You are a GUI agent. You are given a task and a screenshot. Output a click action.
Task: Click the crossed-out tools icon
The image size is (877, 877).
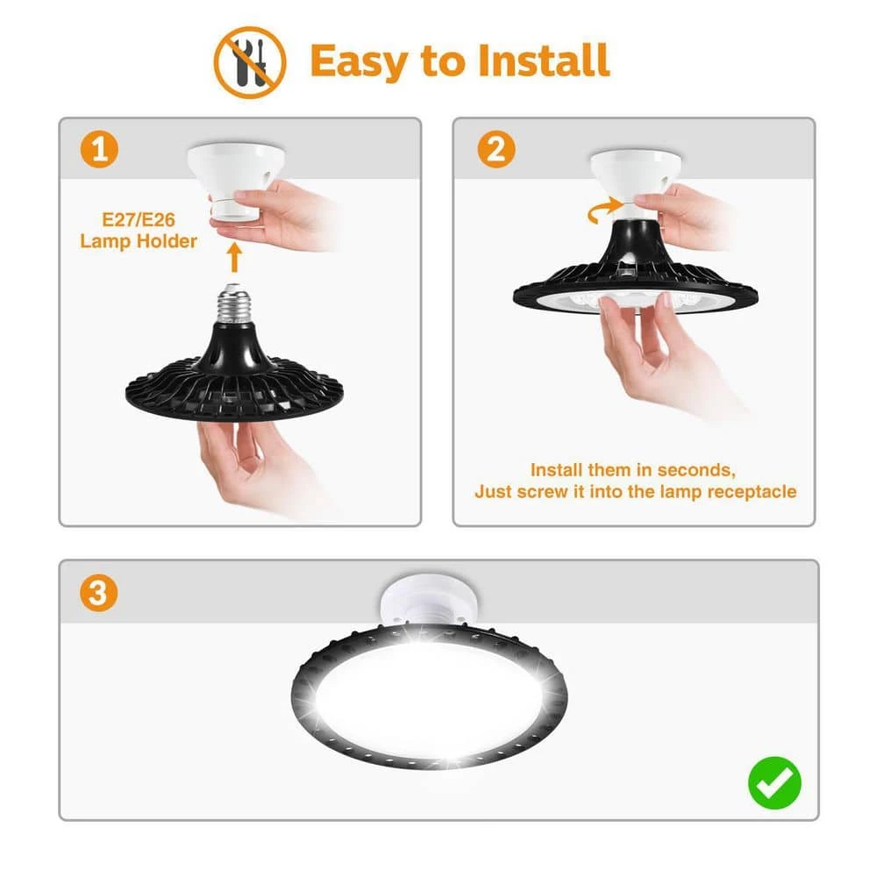tap(250, 62)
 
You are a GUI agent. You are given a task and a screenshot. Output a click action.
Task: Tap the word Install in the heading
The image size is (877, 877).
tap(544, 61)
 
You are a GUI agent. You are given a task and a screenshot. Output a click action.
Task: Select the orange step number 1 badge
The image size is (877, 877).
tap(100, 149)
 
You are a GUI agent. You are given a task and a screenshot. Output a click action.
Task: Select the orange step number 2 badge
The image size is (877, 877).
tap(496, 149)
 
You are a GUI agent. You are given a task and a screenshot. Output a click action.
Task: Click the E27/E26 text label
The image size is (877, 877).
tap(139, 219)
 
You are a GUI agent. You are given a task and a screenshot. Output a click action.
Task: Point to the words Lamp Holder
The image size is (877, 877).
tap(139, 241)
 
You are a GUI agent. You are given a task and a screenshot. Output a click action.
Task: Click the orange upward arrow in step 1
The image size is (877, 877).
tap(235, 258)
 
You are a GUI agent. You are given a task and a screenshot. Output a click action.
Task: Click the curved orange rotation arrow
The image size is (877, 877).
tap(603, 210)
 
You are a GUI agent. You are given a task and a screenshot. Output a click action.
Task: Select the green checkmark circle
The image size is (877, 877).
tap(774, 782)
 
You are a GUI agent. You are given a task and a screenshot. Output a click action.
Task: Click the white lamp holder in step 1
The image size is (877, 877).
tap(235, 179)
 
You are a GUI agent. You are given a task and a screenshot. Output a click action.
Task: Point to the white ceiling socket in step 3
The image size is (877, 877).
tap(429, 601)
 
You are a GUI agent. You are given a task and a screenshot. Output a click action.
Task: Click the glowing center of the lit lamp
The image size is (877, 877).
tap(429, 699)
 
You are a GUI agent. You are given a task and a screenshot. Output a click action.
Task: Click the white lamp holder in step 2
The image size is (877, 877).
tap(636, 182)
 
